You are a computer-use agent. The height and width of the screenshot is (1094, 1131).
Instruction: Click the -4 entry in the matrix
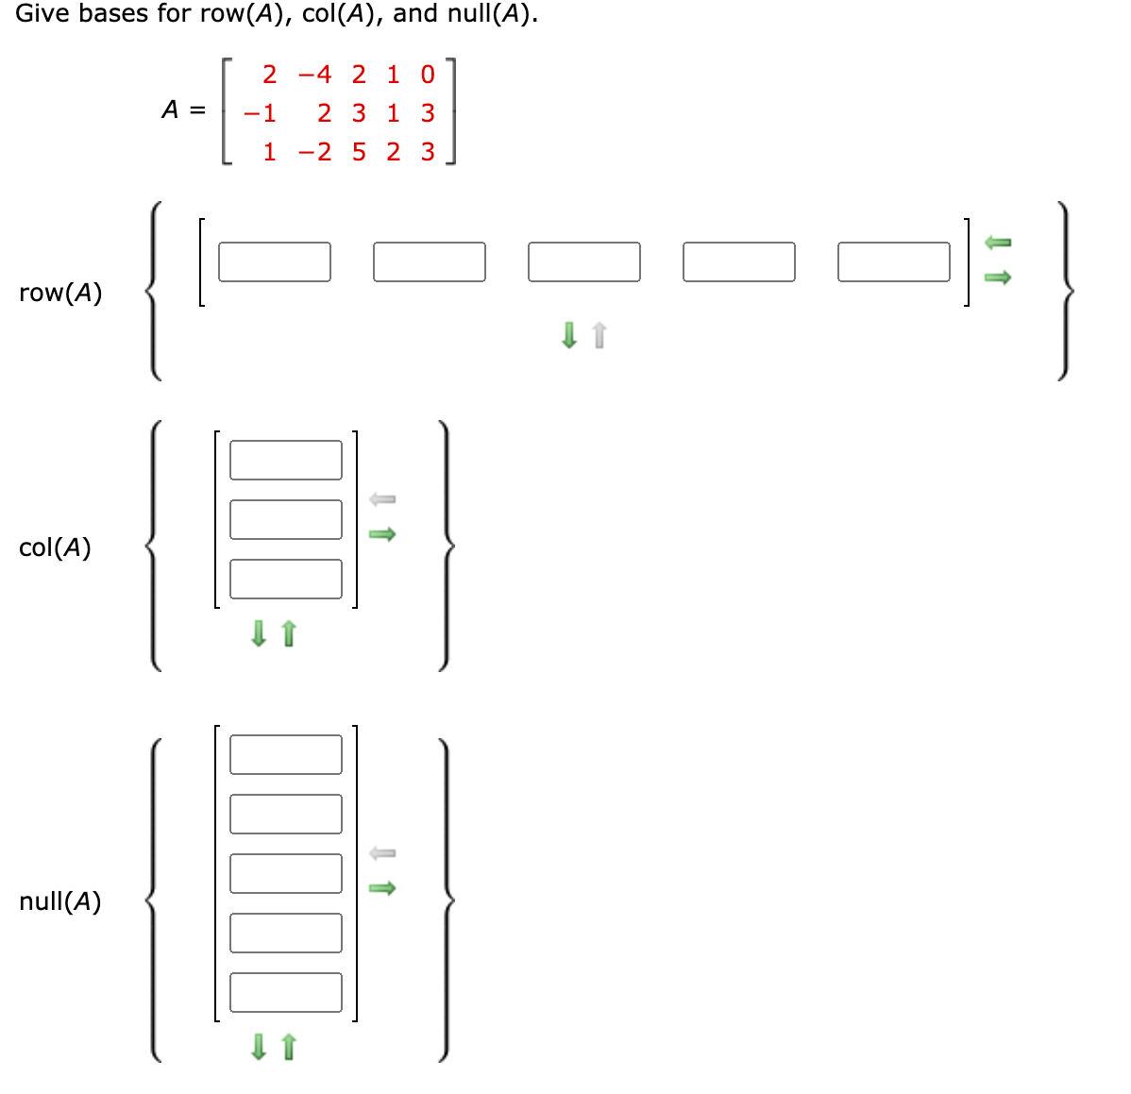315,75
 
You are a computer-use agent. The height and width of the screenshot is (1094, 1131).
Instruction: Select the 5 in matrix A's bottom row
359,152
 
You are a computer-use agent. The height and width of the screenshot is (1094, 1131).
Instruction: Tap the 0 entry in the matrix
428,75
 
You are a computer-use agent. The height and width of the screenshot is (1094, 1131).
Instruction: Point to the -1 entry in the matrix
261,113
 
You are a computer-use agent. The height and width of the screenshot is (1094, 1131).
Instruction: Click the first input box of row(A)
275,261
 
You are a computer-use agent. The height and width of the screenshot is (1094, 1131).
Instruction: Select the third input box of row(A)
584,261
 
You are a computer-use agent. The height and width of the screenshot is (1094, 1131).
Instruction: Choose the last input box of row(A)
894,261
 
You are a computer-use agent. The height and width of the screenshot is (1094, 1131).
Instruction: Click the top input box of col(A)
286,460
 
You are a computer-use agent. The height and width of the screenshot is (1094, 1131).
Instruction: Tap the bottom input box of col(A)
286,579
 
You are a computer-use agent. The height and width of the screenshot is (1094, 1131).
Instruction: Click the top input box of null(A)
286,754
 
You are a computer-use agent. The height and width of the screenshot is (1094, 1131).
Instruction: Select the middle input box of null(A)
286,873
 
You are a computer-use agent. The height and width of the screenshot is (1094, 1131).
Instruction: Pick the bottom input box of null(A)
286,992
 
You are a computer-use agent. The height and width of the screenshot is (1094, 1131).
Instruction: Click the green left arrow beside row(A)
998,243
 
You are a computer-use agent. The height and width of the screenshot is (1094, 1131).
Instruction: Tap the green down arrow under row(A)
569,335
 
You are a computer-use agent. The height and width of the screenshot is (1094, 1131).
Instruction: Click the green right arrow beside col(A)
382,534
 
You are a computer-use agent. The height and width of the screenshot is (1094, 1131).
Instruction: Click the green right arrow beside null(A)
382,888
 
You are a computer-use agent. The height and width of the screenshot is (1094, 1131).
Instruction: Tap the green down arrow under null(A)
259,1046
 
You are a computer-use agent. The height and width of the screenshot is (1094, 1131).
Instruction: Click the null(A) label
60,901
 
